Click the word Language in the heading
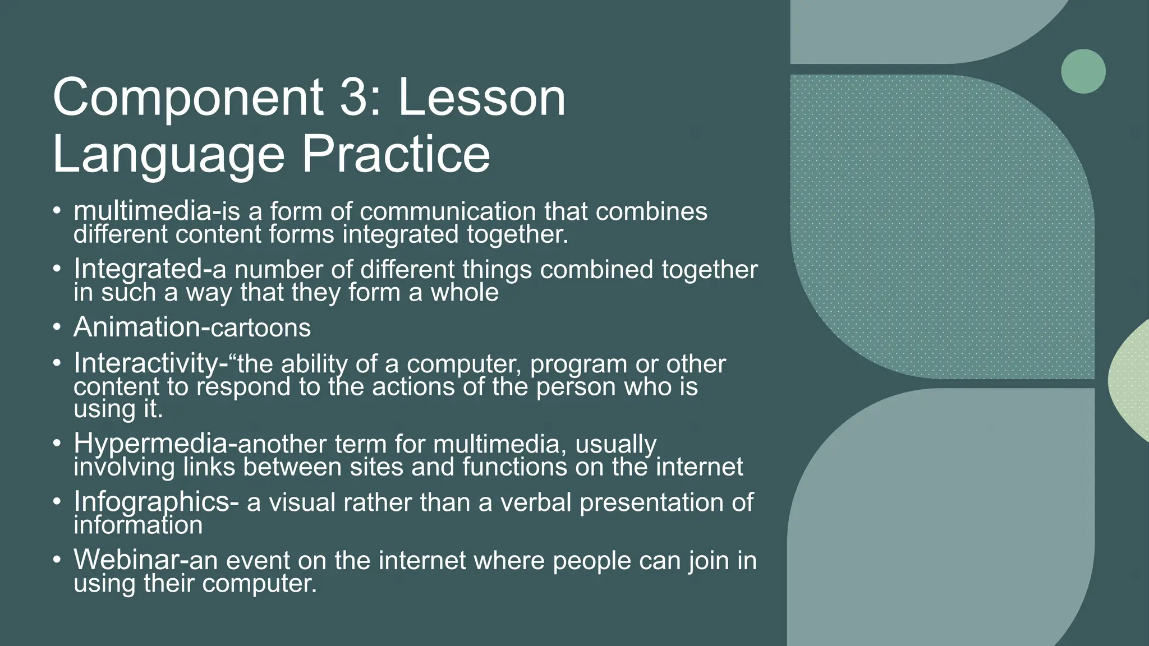pos(168,156)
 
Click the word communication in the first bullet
pos(448,211)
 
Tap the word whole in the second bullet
pos(465,292)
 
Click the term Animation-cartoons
pos(192,327)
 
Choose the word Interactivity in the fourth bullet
pos(147,364)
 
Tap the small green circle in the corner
pos(1083,71)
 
